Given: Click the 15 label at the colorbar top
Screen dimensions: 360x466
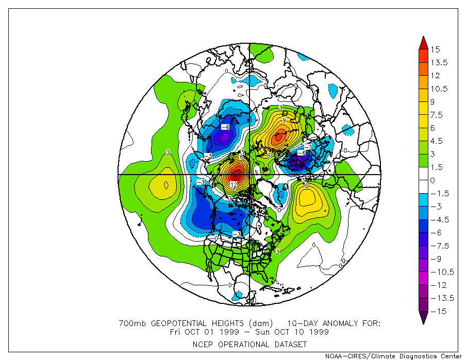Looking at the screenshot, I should pos(436,49).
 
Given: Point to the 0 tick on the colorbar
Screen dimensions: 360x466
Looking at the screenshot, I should pos(433,180).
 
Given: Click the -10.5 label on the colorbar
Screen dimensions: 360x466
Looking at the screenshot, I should pos(441,272).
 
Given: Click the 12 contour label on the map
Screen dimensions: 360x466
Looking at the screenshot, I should pos(234,184).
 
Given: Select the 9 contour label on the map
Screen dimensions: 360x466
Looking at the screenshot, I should pos(284,119).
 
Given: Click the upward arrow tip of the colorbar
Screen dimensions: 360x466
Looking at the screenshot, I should pos(423,38).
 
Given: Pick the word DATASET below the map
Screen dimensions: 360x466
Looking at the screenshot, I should pos(290,344).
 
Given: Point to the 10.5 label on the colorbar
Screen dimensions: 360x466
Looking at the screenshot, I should pos(439,89).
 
